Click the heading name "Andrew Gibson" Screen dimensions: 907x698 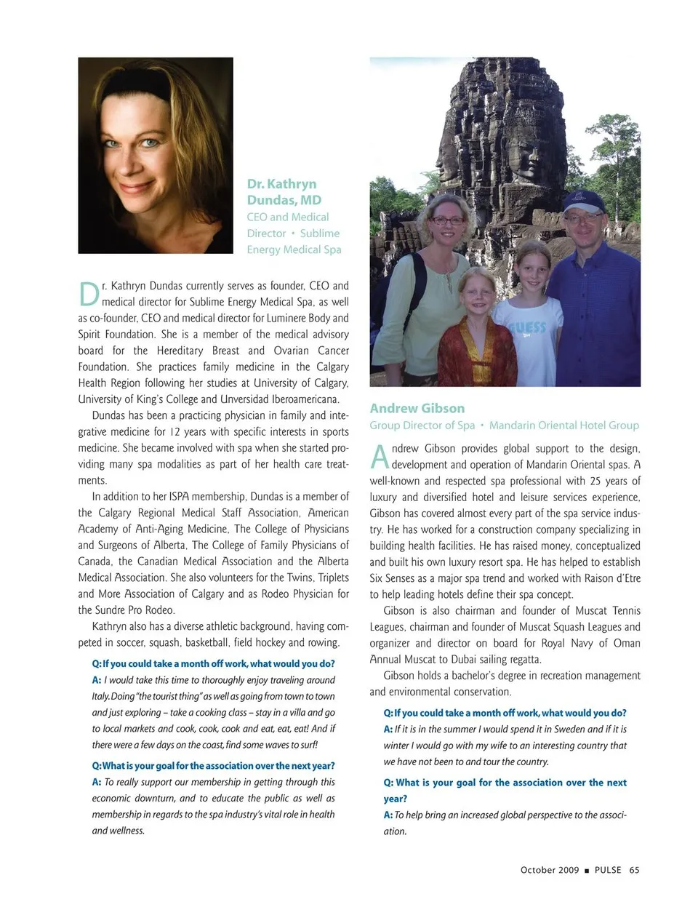coord(417,408)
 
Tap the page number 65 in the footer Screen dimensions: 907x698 coord(634,870)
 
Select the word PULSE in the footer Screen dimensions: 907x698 coord(608,870)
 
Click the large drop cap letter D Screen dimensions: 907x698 coord(87,295)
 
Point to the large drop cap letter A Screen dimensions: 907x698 coord(379,457)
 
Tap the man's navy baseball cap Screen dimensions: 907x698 coord(584,200)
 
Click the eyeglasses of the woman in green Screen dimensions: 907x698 coord(446,220)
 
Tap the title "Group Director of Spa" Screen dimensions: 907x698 coord(422,425)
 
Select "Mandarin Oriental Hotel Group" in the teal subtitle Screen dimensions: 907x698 coord(563,425)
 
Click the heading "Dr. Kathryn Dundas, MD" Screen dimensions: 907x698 coord(284,192)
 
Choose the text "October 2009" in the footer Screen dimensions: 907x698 coord(550,870)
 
